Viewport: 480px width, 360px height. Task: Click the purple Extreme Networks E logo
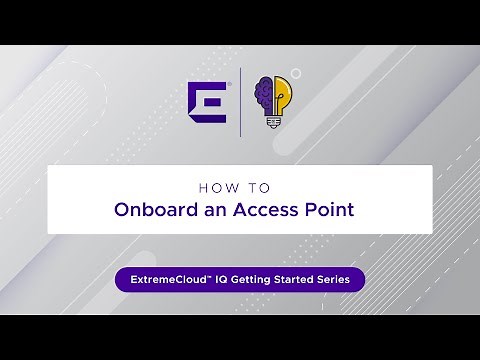click(207, 101)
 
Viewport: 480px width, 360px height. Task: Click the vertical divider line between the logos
click(240, 102)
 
